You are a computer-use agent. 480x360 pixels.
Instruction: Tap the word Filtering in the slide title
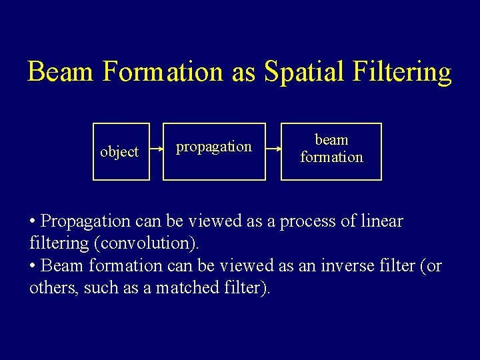[x=405, y=72]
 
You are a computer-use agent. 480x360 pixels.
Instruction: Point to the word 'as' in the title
[x=243, y=72]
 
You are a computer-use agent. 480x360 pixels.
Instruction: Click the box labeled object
[x=121, y=152]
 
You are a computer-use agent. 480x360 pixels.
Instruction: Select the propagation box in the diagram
[x=214, y=152]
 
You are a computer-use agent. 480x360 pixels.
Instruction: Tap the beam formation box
[x=331, y=151]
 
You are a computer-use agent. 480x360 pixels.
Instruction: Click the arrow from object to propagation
[x=157, y=151]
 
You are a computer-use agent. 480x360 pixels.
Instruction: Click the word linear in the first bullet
[x=381, y=221]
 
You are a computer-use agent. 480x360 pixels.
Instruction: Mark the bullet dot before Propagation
[x=33, y=221]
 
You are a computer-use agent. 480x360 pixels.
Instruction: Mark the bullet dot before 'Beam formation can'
[x=33, y=266]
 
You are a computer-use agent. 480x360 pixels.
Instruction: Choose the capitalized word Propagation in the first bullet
[x=85, y=221]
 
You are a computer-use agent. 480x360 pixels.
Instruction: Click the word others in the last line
[x=54, y=288]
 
